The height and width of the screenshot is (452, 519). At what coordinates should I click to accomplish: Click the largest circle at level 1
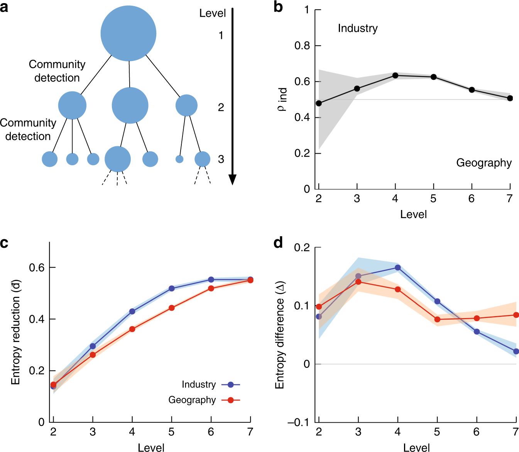(x=128, y=34)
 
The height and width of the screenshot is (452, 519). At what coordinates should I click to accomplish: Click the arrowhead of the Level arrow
(x=232, y=179)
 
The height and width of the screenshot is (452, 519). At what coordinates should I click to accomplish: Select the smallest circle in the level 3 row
(x=179, y=159)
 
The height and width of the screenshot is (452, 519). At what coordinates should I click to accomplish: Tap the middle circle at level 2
(x=130, y=105)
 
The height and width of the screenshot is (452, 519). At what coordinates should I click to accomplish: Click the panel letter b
(x=278, y=7)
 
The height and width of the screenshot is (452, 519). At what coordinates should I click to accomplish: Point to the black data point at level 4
(x=395, y=75)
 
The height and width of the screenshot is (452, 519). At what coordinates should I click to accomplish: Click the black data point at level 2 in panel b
(x=319, y=103)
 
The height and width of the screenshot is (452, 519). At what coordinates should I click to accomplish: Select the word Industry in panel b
(x=358, y=28)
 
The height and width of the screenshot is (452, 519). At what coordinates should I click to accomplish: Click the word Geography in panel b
(x=484, y=163)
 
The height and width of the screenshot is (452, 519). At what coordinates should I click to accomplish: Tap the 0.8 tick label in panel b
(x=302, y=46)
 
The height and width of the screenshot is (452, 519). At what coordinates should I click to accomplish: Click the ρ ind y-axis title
(x=282, y=100)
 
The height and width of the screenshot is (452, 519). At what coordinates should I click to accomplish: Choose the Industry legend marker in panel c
(x=231, y=384)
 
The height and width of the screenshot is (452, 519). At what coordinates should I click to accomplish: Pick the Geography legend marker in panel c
(x=231, y=400)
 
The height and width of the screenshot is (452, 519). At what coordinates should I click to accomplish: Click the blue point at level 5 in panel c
(x=172, y=288)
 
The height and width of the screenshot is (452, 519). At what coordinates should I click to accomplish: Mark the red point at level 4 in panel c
(x=132, y=329)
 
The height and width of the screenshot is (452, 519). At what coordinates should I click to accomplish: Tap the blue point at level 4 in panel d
(x=398, y=267)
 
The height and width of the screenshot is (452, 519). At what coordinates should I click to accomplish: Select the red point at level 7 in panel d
(x=516, y=315)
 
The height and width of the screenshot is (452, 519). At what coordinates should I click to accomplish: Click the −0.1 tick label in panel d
(x=299, y=422)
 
